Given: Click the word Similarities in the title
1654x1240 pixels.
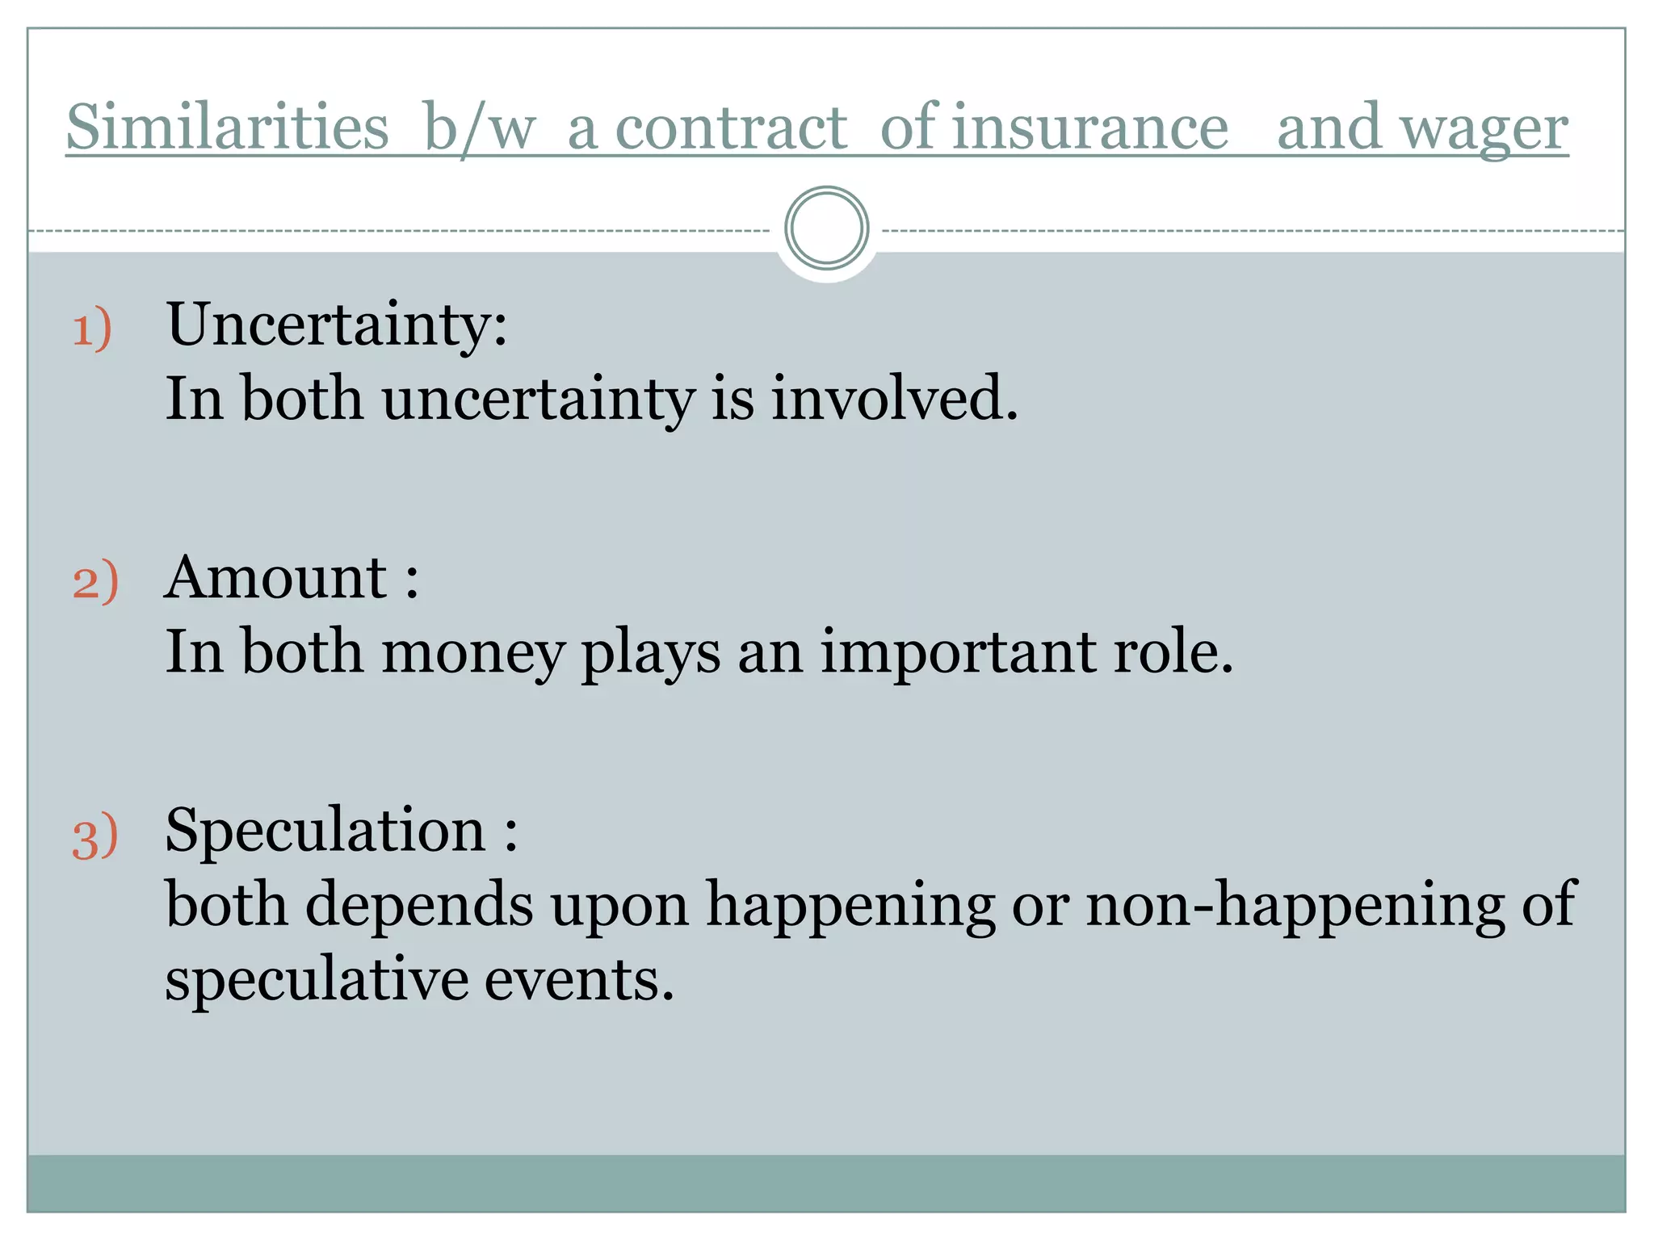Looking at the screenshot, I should [227, 128].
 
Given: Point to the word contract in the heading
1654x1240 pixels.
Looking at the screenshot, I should [731, 128].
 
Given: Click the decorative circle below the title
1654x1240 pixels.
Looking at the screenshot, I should [826, 228].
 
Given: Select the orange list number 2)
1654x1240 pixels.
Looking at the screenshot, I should [95, 581].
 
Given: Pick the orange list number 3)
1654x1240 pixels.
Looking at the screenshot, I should [95, 836].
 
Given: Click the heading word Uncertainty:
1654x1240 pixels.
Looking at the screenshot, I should [337, 325].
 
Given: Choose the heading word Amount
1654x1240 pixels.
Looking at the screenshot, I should [276, 578].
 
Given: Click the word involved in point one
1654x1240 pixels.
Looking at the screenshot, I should [894, 398].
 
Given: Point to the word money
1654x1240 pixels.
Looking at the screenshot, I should [472, 652].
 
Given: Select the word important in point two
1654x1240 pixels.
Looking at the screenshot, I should [958, 652].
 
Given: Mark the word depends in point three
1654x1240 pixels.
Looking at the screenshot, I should [419, 904].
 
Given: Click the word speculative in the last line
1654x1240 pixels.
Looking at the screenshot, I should [316, 980].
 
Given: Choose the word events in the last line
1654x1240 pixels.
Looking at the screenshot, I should [578, 980].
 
